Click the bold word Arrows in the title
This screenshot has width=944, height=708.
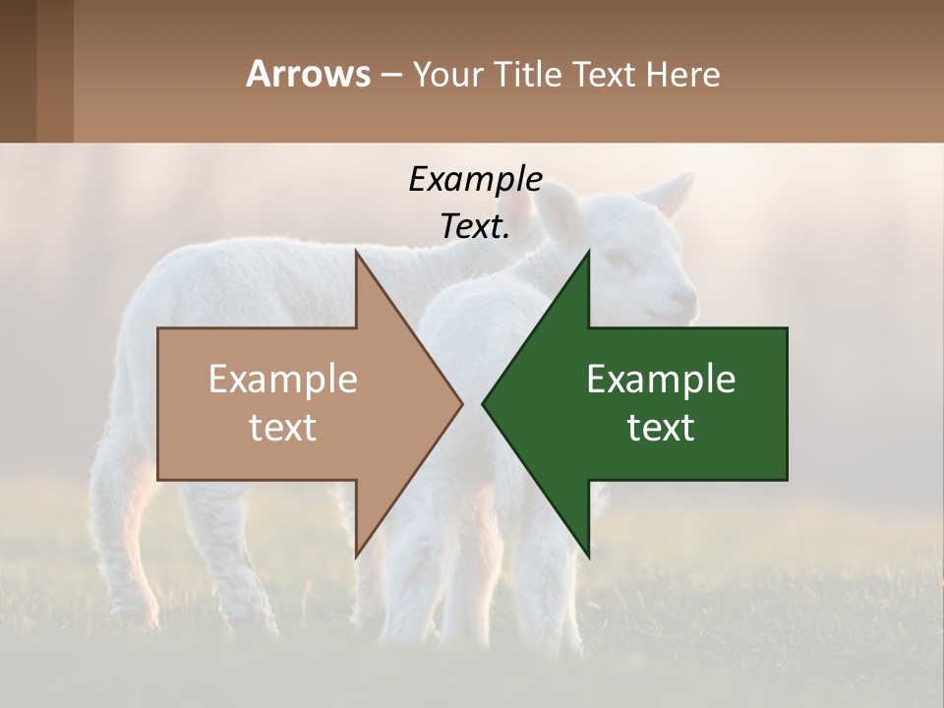308,74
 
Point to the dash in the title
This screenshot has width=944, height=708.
390,75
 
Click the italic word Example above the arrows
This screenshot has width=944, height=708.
475,179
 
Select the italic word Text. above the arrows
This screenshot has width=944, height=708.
475,226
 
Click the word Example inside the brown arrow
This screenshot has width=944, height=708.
282,379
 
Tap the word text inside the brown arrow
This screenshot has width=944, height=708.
282,428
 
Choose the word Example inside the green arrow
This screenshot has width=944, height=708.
661,379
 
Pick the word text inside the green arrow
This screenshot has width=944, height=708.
661,428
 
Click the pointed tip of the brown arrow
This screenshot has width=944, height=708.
461,403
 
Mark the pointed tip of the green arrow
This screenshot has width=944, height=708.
483,403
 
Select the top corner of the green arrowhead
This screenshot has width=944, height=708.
588,253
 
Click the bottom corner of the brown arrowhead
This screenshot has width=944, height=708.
356,557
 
